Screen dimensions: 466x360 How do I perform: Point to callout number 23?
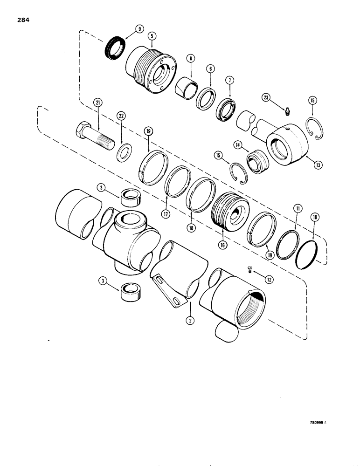point(266,97)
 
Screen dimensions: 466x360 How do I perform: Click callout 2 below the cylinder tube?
point(190,320)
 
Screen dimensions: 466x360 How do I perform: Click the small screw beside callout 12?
point(250,267)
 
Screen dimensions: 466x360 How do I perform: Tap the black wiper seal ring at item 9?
point(112,45)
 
